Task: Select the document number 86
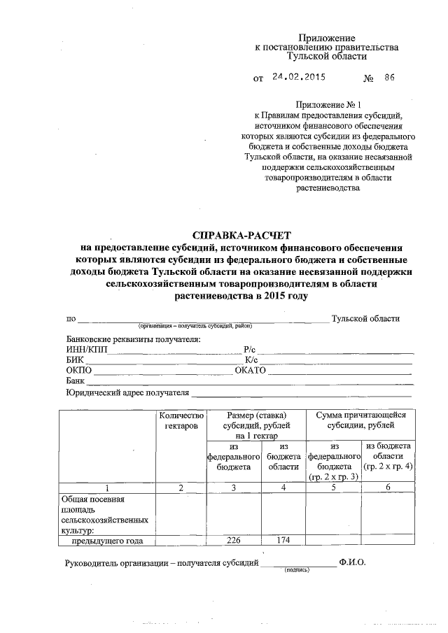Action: coord(389,78)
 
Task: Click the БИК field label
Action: coord(75,360)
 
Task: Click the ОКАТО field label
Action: coord(251,370)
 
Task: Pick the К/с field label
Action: coord(253,360)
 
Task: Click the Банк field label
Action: coord(76,381)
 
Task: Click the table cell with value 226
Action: coord(234,540)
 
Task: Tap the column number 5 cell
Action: coord(334,488)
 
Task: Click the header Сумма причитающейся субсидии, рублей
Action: coord(360,420)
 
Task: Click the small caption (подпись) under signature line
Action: coord(297,569)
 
